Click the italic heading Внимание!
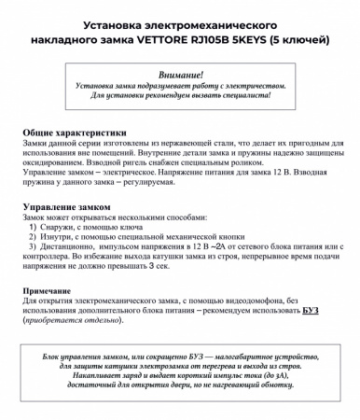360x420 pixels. [180, 73]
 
